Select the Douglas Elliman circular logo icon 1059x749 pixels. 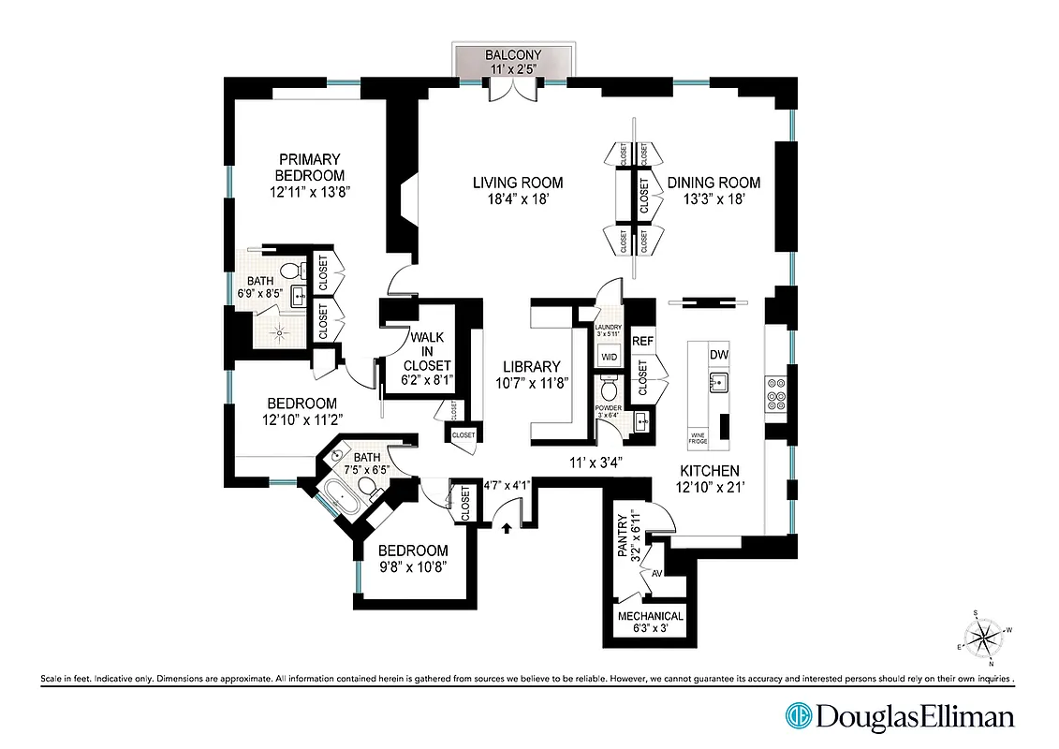click(x=799, y=716)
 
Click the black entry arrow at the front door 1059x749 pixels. click(x=507, y=528)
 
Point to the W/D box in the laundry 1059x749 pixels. click(x=608, y=357)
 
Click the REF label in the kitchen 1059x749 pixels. click(x=642, y=342)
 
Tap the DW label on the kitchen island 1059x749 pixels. click(x=719, y=355)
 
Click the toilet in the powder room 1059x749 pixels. click(x=609, y=386)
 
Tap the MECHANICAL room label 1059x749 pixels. click(x=650, y=617)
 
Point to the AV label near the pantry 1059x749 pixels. click(x=657, y=572)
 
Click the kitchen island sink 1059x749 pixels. click(x=719, y=381)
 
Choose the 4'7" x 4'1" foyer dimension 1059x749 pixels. click(x=507, y=485)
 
